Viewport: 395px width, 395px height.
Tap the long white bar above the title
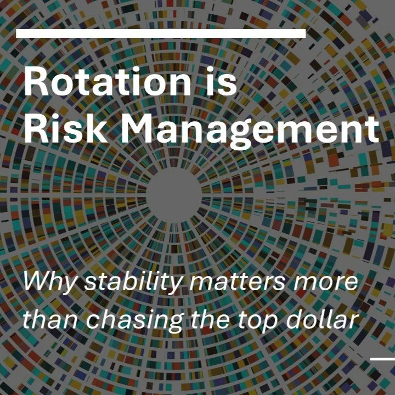point(161,33)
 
